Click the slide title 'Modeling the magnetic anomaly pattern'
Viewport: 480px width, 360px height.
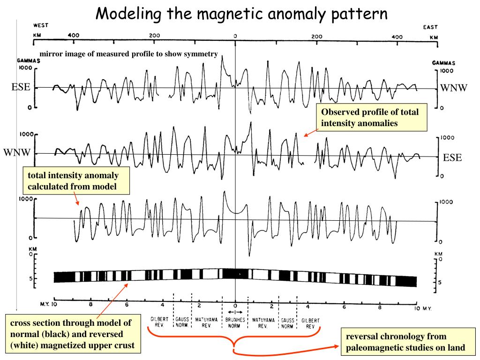[x=241, y=14]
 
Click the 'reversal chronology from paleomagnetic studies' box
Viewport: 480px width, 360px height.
[x=406, y=342]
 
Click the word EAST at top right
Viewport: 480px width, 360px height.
[x=430, y=27]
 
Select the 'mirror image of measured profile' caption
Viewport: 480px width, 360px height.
[x=128, y=54]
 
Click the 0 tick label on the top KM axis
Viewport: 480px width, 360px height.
[x=235, y=36]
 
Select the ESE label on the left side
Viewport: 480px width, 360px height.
[x=21, y=87]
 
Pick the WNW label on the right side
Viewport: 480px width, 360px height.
[x=454, y=88]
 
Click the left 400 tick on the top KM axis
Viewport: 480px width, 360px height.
[x=74, y=35]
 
